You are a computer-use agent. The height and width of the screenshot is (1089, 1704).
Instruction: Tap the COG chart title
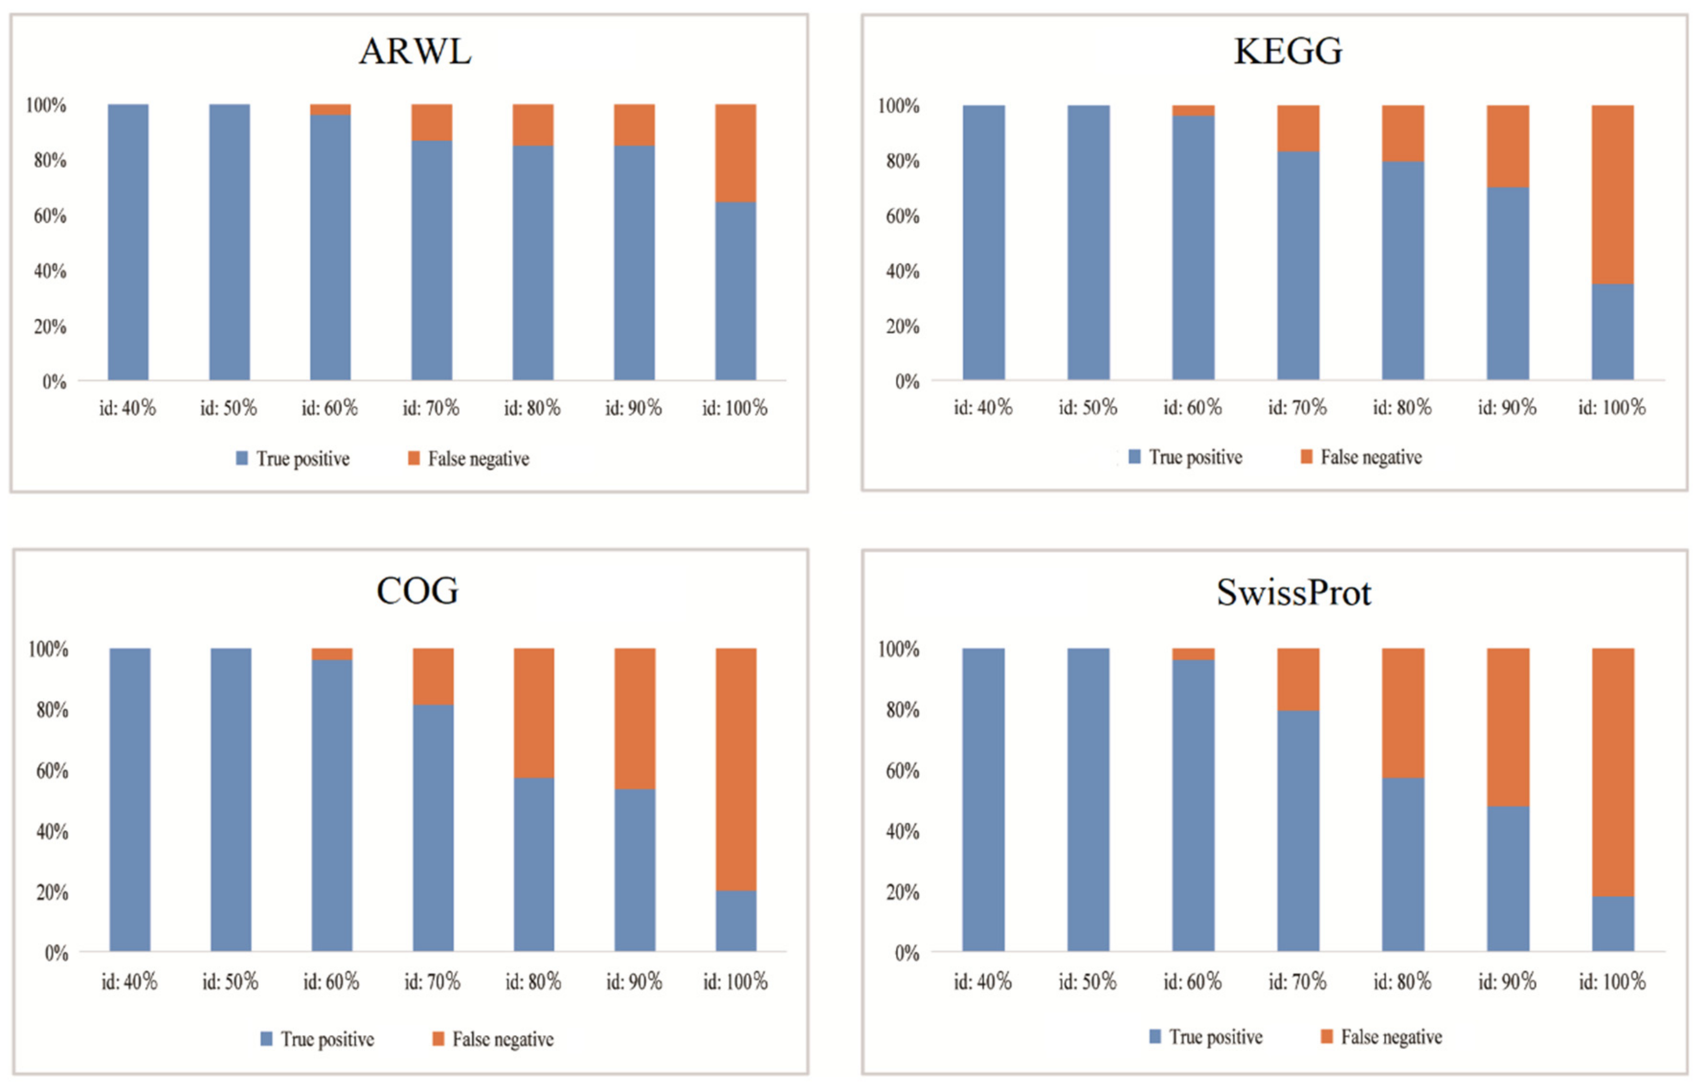(x=417, y=591)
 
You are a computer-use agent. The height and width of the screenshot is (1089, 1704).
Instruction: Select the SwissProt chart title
(x=1294, y=593)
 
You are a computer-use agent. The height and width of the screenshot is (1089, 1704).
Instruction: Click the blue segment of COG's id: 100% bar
(x=736, y=920)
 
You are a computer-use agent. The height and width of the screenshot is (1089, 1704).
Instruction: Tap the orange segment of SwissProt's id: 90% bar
(x=1508, y=727)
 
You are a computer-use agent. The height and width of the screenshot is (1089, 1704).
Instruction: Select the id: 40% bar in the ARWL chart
(x=128, y=242)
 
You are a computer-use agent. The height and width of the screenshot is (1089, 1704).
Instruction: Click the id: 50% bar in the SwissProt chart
(x=1088, y=800)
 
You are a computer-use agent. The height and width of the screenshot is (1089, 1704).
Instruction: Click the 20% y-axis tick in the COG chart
(x=52, y=892)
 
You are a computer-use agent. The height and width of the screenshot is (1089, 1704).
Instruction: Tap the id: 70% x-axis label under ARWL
(x=431, y=408)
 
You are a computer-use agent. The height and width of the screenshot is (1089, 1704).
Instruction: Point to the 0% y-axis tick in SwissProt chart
(x=907, y=953)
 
